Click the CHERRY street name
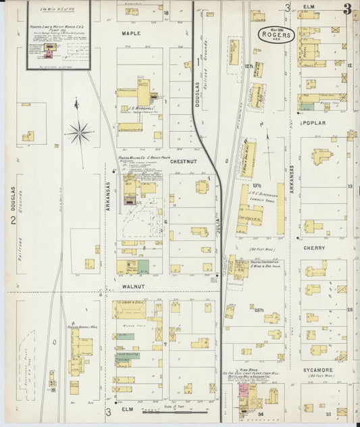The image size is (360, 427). pyautogui.click(x=315, y=248)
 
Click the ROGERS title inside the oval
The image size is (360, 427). pyautogui.click(x=276, y=34)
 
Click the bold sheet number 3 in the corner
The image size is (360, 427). pyautogui.click(x=346, y=9)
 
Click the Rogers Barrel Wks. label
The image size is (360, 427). pyautogui.click(x=78, y=328)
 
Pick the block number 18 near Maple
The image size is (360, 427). pyautogui.click(x=164, y=13)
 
